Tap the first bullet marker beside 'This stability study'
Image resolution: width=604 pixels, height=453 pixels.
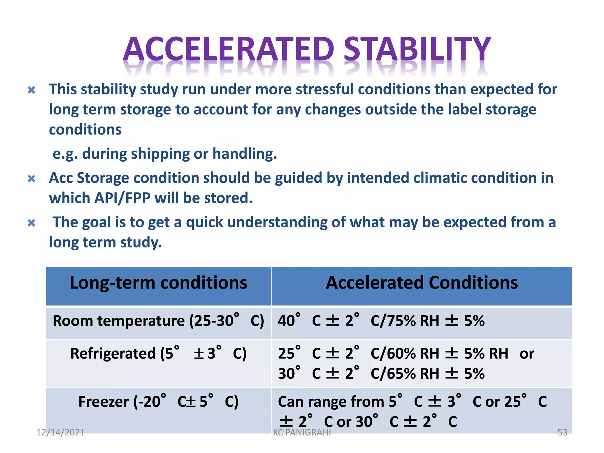(x=32, y=90)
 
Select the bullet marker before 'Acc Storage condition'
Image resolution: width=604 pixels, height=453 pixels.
(x=32, y=179)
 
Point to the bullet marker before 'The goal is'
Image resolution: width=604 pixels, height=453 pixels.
(x=32, y=223)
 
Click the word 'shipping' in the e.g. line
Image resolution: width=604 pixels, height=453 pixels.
(x=160, y=154)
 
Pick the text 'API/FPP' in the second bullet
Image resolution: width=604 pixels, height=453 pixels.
(x=122, y=198)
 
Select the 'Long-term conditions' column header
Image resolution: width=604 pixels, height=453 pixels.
(x=158, y=283)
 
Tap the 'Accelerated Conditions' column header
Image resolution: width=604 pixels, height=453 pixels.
(x=421, y=283)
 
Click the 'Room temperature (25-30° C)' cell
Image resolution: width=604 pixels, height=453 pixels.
(x=158, y=321)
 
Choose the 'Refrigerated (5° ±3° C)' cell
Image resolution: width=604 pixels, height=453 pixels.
(x=158, y=354)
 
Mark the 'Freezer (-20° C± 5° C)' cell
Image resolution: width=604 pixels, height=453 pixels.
(x=158, y=402)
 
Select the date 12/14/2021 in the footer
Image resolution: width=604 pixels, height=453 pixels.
(x=60, y=432)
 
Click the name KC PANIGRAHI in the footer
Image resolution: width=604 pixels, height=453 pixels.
(x=302, y=432)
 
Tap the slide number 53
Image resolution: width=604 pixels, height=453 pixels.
(x=562, y=432)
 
